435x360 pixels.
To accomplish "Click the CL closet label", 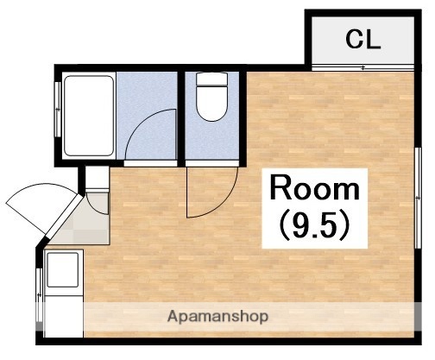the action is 363,40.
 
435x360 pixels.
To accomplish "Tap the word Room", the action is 315,187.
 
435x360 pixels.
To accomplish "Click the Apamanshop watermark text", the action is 217,317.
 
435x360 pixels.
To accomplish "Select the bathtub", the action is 89,116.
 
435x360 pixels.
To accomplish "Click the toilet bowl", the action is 212,103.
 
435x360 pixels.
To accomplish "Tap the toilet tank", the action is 212,79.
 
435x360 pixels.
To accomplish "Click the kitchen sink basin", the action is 63,269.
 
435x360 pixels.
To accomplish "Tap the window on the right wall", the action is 418,198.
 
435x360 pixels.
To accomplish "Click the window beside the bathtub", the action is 58,110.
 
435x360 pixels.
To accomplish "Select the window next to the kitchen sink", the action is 40,295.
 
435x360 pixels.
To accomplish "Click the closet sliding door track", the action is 362,68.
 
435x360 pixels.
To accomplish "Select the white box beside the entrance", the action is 98,179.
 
